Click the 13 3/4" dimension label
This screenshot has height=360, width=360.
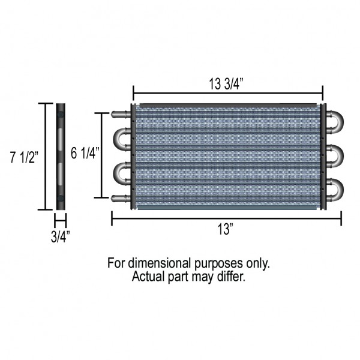click(226, 84)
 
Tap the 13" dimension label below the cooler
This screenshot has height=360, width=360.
click(226, 229)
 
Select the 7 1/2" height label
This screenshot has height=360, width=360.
click(24, 157)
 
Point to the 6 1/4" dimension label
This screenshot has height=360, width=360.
click(85, 153)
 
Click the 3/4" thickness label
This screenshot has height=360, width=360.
click(61, 237)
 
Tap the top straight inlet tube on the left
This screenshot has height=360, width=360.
click(121, 114)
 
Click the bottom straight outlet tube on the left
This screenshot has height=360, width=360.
click(121, 198)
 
